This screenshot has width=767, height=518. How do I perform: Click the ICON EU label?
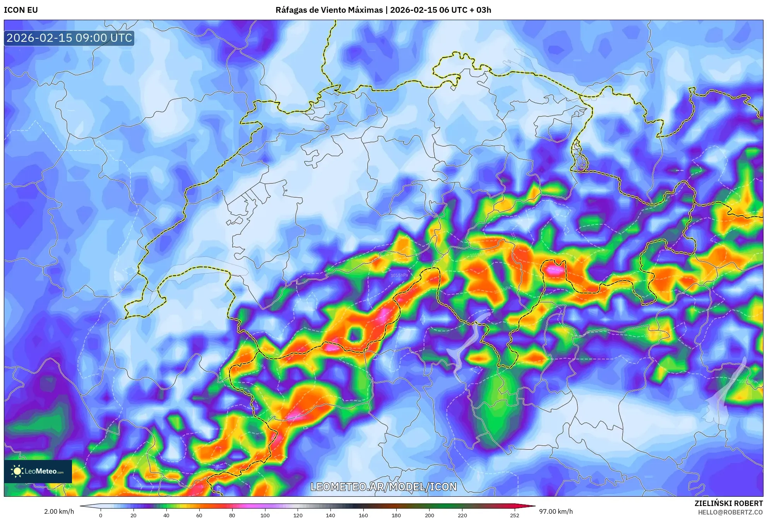coord(21,10)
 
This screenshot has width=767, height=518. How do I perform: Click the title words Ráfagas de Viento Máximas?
coord(329,10)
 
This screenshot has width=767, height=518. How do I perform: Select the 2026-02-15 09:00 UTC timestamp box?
coord(69,38)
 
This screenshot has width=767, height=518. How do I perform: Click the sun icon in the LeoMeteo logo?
coord(17,471)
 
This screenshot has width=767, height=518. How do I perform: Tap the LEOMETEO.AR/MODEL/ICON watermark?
coord(383,487)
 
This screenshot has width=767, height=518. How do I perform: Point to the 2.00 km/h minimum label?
coord(59,511)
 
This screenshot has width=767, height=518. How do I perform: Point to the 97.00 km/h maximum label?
coord(556,511)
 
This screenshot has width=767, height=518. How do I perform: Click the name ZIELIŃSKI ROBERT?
coord(728,503)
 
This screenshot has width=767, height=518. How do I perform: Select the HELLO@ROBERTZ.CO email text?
coord(730,512)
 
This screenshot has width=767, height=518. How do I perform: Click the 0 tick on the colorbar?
coord(101,515)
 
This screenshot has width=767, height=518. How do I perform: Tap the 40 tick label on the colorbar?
coord(166,515)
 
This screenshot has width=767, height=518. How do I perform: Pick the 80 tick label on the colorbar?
coord(232,515)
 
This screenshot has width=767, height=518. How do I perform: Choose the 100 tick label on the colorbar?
coord(265,515)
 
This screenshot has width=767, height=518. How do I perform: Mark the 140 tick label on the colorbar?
coord(330,515)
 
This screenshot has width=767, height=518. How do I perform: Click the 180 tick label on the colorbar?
coord(396,515)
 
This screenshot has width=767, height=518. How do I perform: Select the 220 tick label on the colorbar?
coord(462,515)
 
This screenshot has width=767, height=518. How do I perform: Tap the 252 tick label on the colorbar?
coord(515,515)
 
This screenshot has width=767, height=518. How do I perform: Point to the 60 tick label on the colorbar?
coord(199,515)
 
